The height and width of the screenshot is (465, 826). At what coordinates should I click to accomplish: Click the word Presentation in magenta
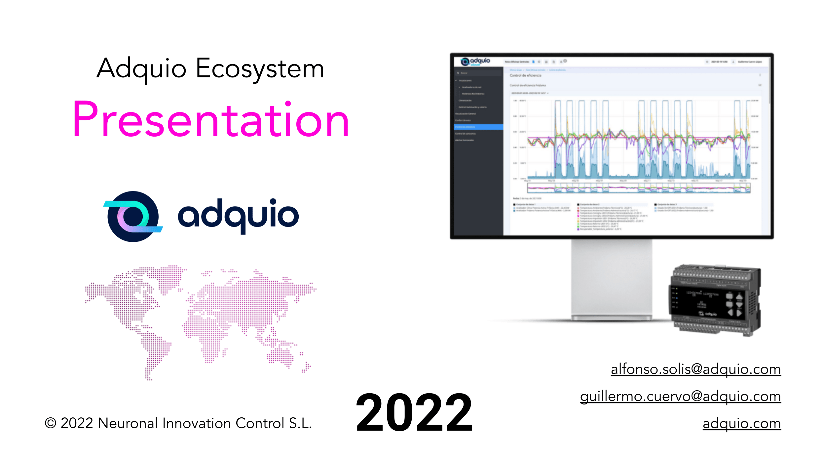pyautogui.click(x=211, y=120)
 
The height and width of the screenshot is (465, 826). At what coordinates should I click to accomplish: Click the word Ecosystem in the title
pyautogui.click(x=260, y=69)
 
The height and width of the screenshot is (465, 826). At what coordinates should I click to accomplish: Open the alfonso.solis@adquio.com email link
pyautogui.click(x=695, y=369)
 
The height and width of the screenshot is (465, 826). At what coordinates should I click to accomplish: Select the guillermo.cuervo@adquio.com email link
pyautogui.click(x=680, y=396)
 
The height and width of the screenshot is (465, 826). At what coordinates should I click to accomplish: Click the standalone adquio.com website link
pyautogui.click(x=741, y=423)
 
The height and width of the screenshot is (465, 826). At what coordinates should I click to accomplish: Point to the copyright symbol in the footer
pyautogui.click(x=50, y=423)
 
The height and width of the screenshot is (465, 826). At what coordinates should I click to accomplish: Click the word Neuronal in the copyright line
pyautogui.click(x=128, y=423)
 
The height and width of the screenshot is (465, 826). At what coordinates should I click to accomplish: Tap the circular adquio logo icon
pyautogui.click(x=133, y=216)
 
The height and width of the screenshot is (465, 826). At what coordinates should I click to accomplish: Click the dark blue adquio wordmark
pyautogui.click(x=238, y=216)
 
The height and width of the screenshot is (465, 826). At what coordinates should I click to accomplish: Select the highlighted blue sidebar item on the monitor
pyautogui.click(x=478, y=127)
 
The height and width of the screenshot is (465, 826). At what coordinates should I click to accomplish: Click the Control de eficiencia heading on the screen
pyautogui.click(x=525, y=75)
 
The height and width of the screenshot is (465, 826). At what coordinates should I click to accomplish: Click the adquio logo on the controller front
pyautogui.click(x=707, y=314)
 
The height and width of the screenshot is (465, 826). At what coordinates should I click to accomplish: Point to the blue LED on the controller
pyautogui.click(x=677, y=298)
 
